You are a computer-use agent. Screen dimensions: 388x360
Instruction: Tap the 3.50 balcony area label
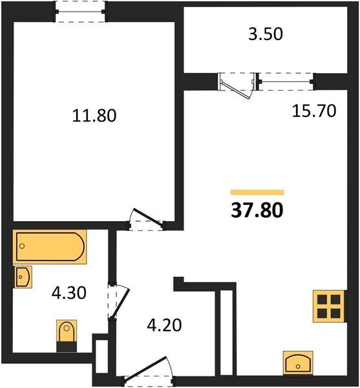click(266, 34)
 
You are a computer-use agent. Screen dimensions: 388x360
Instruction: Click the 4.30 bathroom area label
click(69, 294)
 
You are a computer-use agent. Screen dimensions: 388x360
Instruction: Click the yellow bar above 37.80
click(257, 192)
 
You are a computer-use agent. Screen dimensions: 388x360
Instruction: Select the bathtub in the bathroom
click(50, 247)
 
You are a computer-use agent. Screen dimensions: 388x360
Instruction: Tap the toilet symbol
click(67, 335)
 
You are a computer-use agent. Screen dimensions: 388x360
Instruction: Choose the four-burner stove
click(328, 306)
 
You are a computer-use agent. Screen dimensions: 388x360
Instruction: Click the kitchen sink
click(298, 362)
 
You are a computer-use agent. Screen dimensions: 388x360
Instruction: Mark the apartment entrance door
click(145, 375)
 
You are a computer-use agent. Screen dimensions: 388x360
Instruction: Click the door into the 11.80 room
click(146, 220)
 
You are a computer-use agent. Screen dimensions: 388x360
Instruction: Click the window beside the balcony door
click(285, 82)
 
